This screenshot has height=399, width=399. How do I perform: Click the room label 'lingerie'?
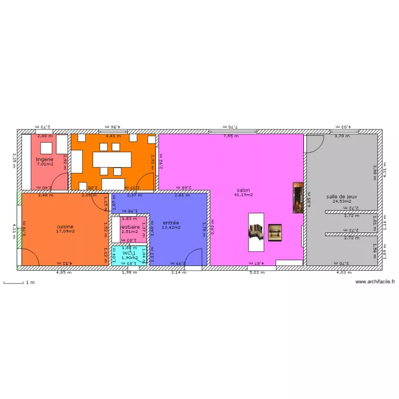click(45, 159)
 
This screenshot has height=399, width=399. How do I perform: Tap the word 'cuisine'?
click(65, 226)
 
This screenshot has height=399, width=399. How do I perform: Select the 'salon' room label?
click(244, 190)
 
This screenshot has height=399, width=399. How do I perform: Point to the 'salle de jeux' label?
click(342, 196)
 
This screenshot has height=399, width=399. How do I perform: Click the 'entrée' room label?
click(171, 222)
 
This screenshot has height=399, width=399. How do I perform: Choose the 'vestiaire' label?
click(130, 227)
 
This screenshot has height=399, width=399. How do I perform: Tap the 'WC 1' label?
click(129, 253)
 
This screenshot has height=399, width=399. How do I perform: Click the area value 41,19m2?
click(244, 195)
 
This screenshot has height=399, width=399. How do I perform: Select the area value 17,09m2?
click(65, 231)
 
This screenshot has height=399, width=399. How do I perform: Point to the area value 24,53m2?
click(342, 202)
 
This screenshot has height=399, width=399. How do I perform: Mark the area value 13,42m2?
click(171, 228)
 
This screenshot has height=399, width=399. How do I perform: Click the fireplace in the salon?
click(297, 198)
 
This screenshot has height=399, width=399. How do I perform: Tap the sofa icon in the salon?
click(256, 231)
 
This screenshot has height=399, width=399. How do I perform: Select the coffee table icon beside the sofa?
click(275, 232)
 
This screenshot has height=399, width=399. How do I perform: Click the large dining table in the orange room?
click(111, 160)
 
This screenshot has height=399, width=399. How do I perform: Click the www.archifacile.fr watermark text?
click(376, 282)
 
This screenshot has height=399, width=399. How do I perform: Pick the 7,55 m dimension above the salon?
click(231, 136)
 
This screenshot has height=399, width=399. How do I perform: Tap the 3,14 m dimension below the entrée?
click(179, 273)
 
